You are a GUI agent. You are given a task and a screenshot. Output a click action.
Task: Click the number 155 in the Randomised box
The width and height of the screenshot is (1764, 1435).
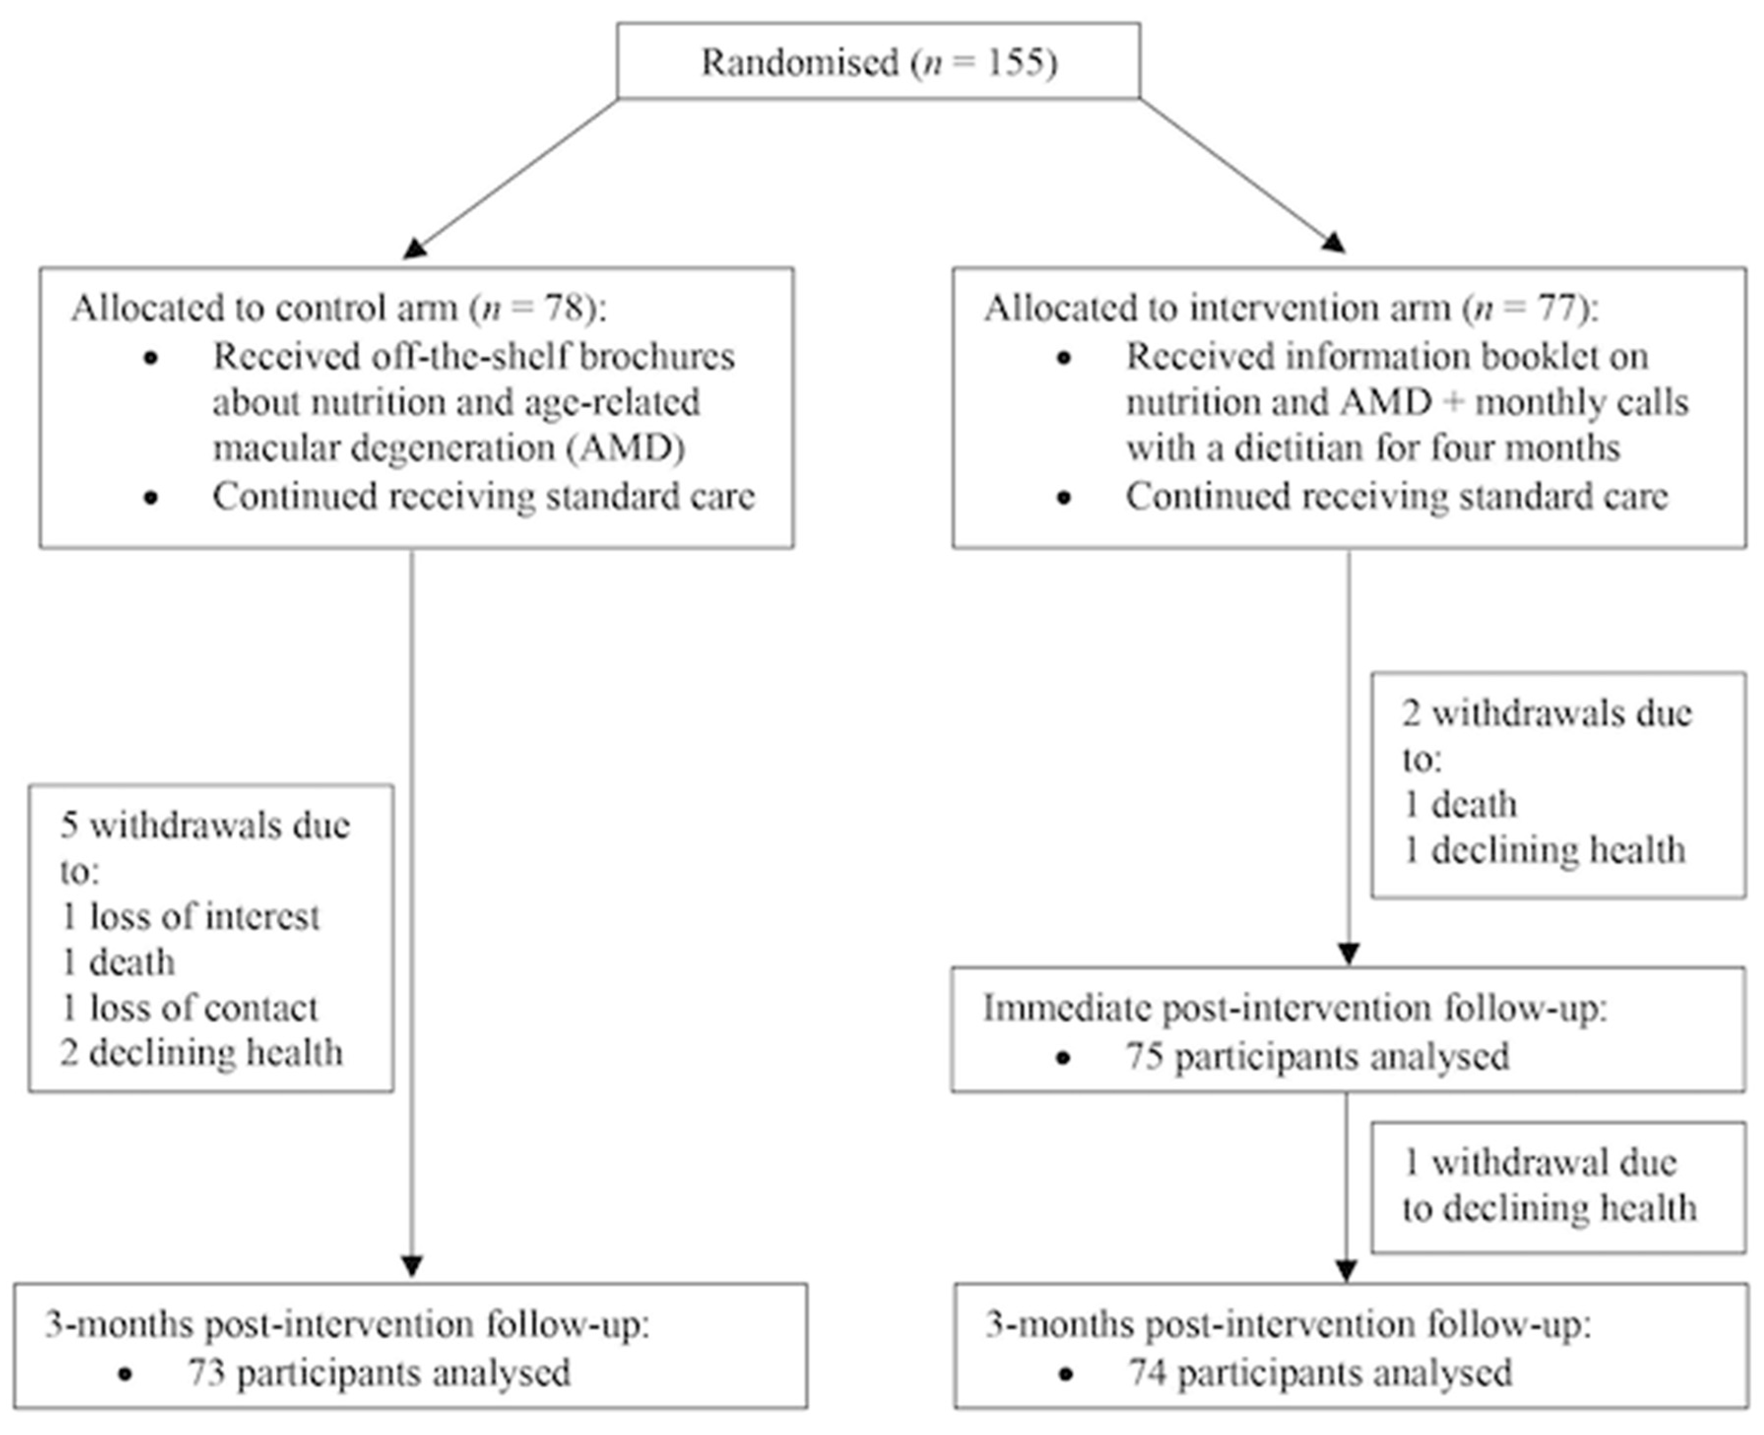1013,62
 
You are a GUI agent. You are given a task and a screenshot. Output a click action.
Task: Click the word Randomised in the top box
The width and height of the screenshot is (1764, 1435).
800,62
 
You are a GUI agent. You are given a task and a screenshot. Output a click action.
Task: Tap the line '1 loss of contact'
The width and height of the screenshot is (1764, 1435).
189,1008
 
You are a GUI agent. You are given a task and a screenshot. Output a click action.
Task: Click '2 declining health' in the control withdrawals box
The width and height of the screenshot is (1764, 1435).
201,1053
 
